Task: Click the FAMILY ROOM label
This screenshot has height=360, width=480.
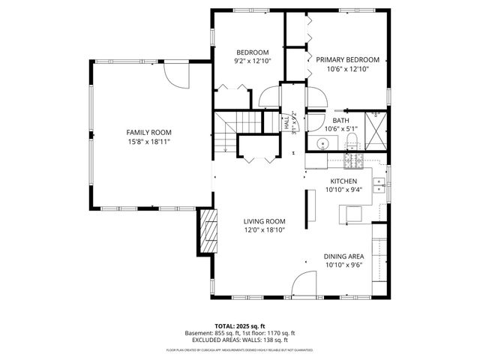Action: click(x=143, y=132)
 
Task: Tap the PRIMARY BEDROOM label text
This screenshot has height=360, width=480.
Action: click(x=347, y=60)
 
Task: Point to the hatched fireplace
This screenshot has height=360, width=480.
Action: click(x=206, y=232)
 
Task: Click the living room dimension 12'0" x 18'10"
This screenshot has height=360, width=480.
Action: click(x=265, y=230)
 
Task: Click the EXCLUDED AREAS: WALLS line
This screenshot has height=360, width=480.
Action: click(x=240, y=340)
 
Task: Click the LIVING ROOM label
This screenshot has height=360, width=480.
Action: click(x=265, y=221)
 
